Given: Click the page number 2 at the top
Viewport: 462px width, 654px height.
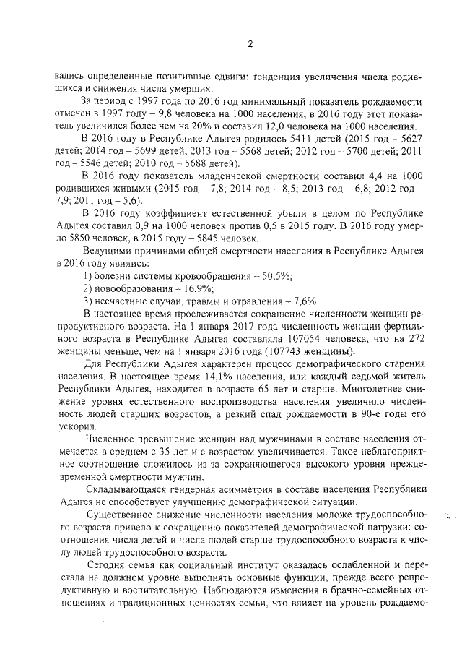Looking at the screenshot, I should click(x=250, y=43).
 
